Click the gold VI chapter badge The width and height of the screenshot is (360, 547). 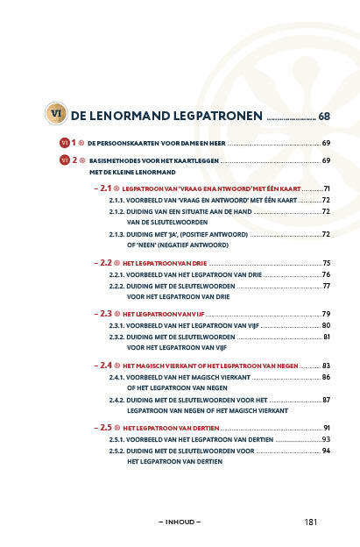(x=56, y=113)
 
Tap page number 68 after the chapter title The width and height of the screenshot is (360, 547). (x=324, y=117)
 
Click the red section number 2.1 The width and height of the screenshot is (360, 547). (x=105, y=188)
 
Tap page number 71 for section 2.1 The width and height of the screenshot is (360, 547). (x=327, y=188)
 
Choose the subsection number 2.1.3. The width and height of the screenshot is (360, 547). (x=116, y=234)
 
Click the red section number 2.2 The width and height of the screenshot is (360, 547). (x=106, y=263)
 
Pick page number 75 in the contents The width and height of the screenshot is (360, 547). (x=326, y=263)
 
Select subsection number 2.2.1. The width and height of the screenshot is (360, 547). (x=116, y=275)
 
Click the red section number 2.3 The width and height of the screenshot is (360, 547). (x=106, y=314)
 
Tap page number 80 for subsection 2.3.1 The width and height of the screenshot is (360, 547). (x=326, y=325)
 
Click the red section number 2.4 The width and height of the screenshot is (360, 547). (x=106, y=366)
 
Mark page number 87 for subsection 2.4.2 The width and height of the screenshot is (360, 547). (x=326, y=400)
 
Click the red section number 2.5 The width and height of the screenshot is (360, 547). (x=106, y=428)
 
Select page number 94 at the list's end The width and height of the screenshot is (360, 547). (x=326, y=451)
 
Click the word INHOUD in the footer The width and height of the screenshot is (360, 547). (x=180, y=522)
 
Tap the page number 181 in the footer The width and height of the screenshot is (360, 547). (x=311, y=522)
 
